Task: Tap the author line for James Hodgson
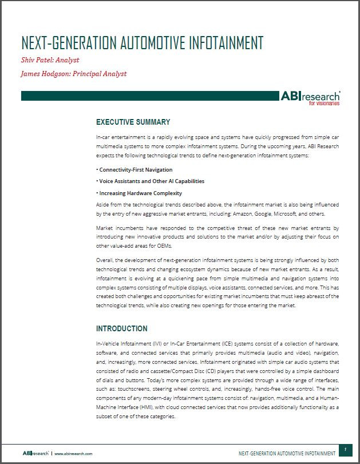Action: [x=73, y=74]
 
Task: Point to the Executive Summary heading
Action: [x=133, y=122]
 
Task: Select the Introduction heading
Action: [x=121, y=328]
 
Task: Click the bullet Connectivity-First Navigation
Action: [x=136, y=170]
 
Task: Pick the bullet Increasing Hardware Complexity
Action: [x=140, y=193]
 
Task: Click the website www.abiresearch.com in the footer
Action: [x=73, y=453]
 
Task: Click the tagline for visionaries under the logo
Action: [x=324, y=104]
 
